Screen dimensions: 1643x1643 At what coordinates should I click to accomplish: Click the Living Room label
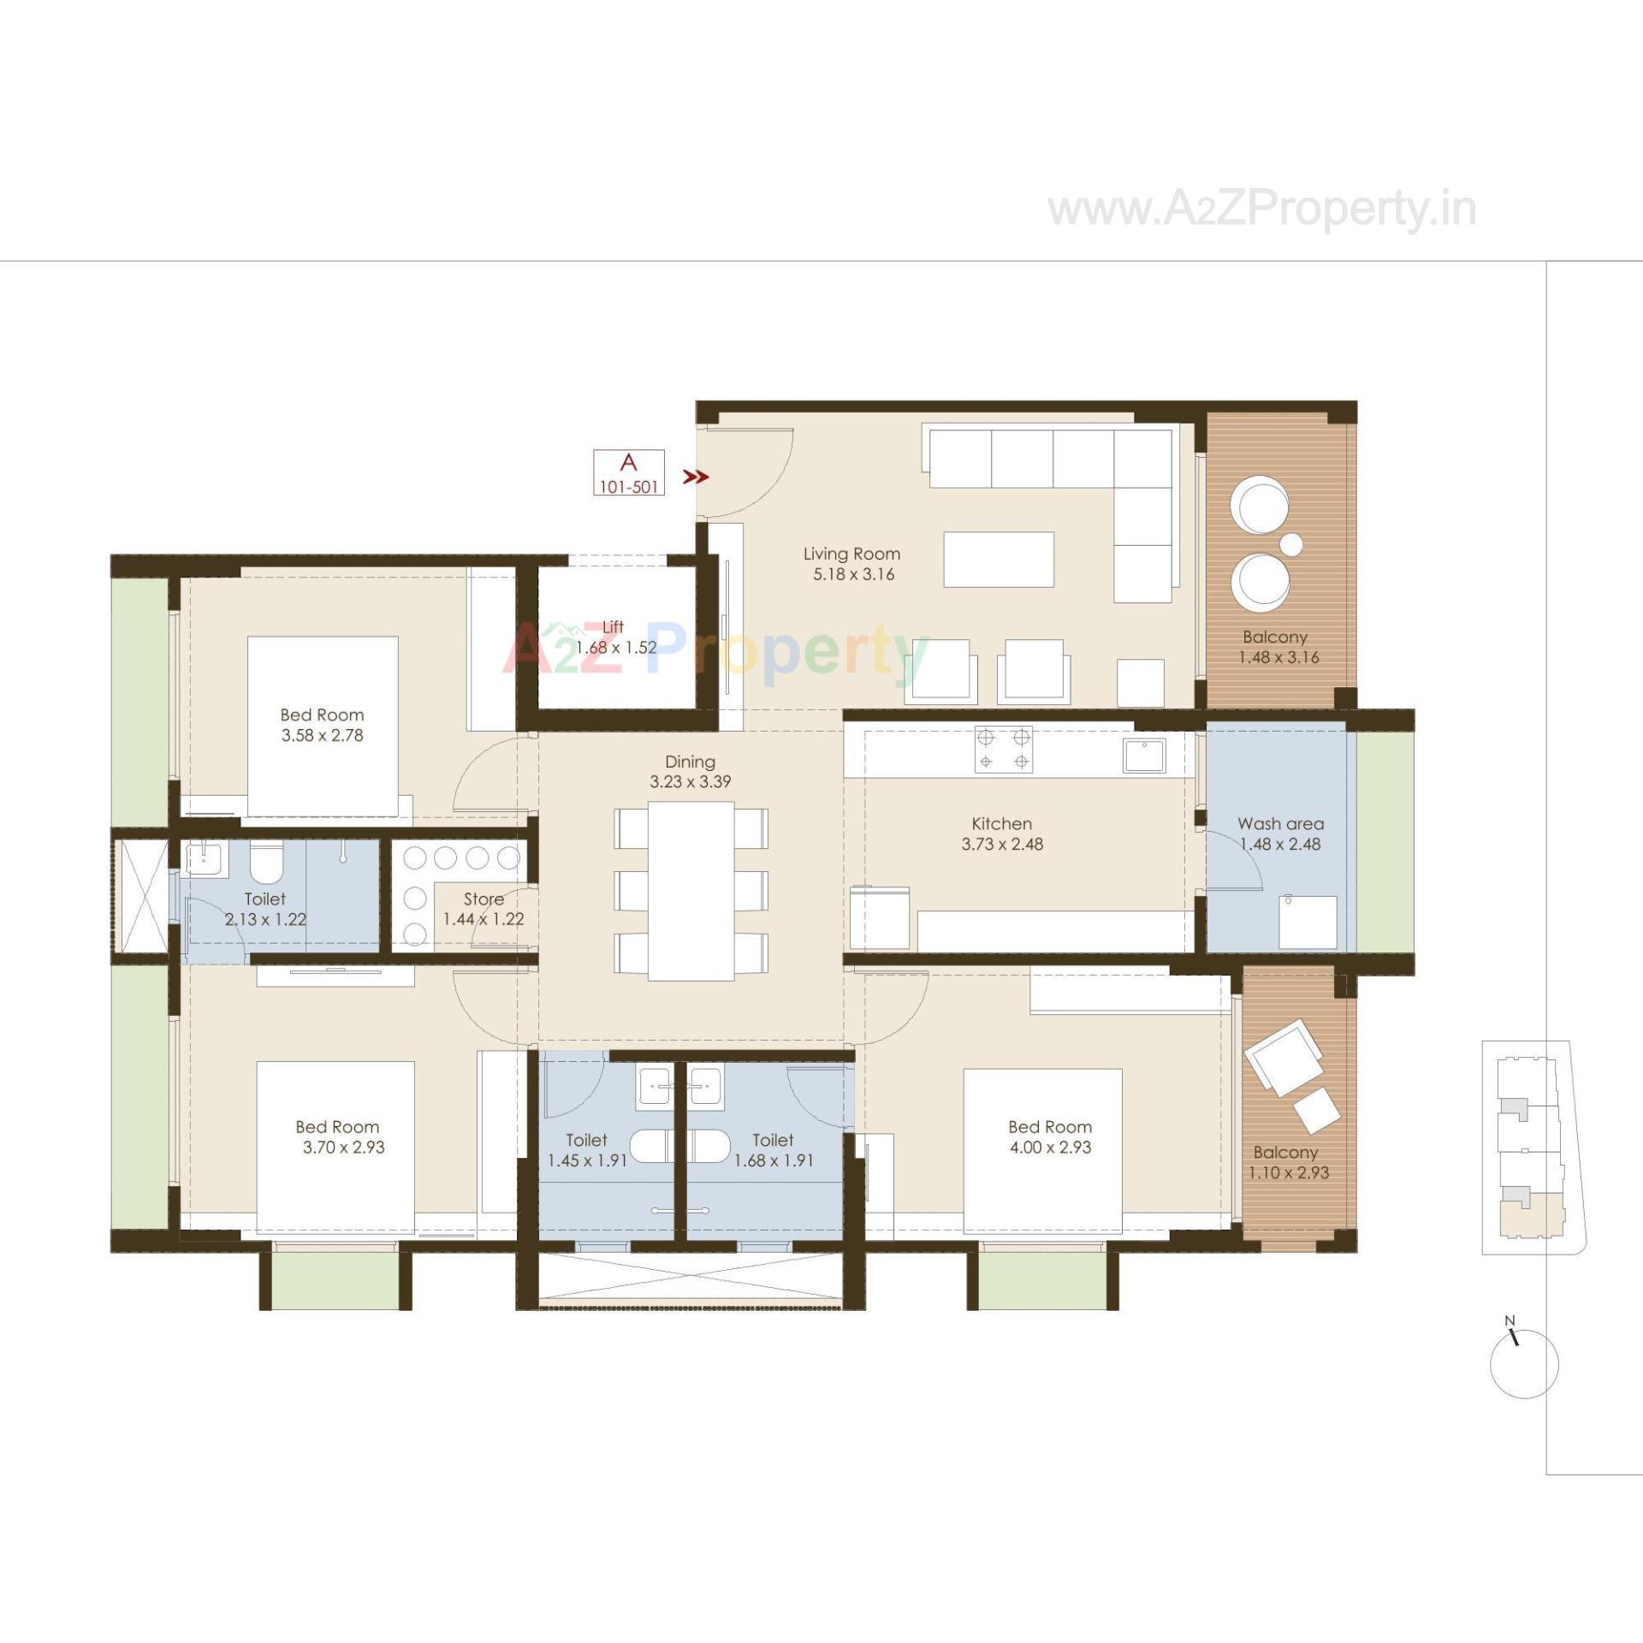point(851,554)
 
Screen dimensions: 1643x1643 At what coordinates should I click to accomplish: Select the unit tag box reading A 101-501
point(629,472)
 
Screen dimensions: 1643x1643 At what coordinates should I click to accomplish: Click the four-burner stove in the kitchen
point(1003,749)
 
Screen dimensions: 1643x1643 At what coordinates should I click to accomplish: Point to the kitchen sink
point(1144,756)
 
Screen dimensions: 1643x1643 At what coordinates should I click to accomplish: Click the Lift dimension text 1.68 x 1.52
point(616,648)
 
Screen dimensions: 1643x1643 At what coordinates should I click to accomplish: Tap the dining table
point(691,890)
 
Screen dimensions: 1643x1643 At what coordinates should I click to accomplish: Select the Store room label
point(483,899)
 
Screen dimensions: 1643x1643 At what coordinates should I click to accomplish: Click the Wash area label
point(1280,824)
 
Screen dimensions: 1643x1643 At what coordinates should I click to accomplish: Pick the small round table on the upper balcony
point(1290,544)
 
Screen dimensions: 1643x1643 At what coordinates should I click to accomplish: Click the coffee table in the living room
point(999,560)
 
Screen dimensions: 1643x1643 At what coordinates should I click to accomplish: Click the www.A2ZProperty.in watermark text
point(1262,210)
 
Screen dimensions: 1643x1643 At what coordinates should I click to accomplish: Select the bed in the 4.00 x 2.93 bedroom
point(1042,1151)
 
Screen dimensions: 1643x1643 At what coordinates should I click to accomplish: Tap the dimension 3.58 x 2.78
point(323,735)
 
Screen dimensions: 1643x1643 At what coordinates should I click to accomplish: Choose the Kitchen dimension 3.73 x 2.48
point(1002,844)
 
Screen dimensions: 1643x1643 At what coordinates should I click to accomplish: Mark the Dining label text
point(690,762)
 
